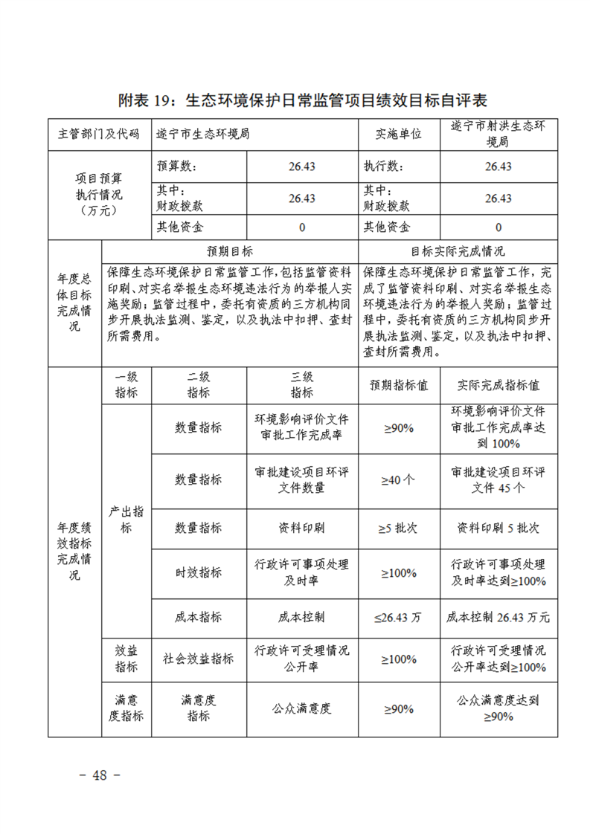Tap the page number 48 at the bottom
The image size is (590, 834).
[x=99, y=775]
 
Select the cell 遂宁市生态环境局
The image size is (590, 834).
[x=202, y=134]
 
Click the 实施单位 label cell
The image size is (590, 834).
[x=399, y=134]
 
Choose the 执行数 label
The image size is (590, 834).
[x=383, y=166]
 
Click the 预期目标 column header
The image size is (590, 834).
[x=230, y=251]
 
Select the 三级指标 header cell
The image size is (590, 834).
[x=302, y=384]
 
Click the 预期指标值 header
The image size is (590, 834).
[x=399, y=385]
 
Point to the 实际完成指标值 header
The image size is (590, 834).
[x=498, y=385]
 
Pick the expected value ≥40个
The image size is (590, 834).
[x=399, y=479]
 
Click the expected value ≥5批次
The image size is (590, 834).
[x=399, y=528]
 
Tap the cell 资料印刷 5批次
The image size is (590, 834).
[x=498, y=528]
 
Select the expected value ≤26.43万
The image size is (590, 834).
[x=399, y=617]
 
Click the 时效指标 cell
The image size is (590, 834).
[x=199, y=572]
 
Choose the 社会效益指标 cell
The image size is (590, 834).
[x=199, y=659]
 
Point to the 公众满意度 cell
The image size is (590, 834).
[x=302, y=708]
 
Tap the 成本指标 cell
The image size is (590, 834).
[x=199, y=617]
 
